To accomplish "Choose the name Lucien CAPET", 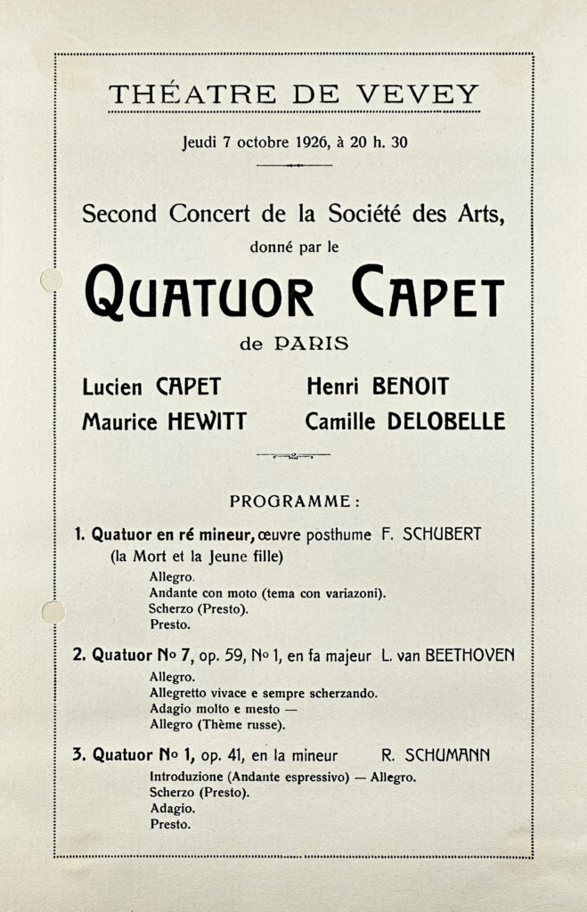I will (x=151, y=387).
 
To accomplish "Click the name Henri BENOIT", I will (x=378, y=387).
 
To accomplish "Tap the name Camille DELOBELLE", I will (x=404, y=421).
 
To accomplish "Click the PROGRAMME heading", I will (x=295, y=502).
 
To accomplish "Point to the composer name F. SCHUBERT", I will (x=431, y=534).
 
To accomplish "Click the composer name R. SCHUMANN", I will (x=436, y=756).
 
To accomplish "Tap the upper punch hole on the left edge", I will (x=51, y=280).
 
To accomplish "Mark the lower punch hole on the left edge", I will (x=52, y=613).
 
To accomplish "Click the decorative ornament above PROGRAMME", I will (x=293, y=455).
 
